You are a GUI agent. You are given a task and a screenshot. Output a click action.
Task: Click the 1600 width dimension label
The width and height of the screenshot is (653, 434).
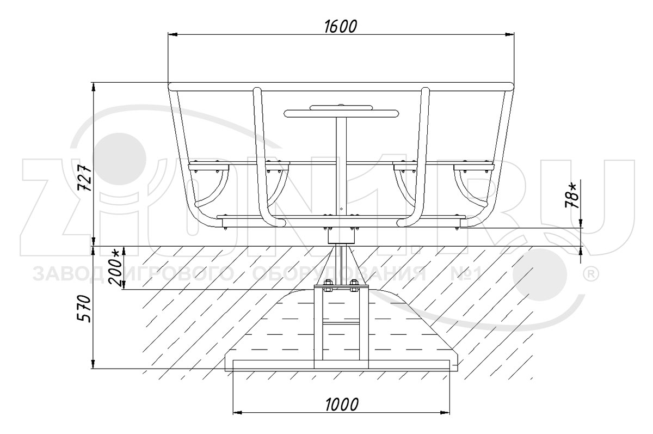coord(341,27)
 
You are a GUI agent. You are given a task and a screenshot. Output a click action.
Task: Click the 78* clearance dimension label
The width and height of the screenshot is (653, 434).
coord(572,195)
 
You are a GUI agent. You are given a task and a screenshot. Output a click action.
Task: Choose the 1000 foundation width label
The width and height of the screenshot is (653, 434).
coord(341,405)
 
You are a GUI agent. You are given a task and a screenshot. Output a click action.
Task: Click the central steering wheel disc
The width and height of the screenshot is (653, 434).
coord(341,113)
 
